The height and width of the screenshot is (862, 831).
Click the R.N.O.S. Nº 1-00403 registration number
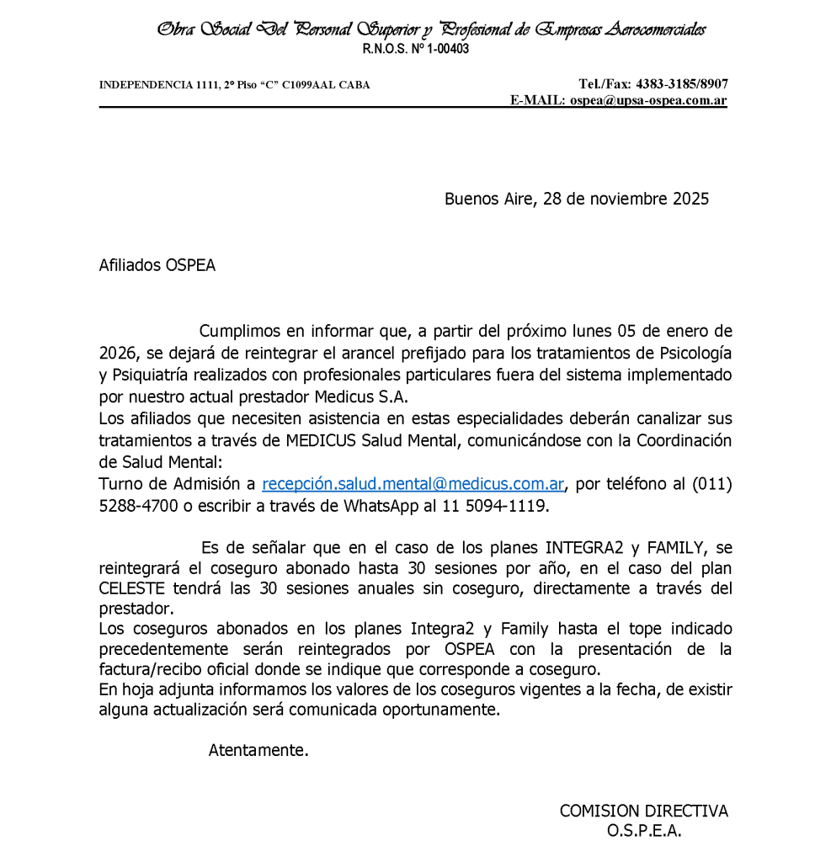[x=415, y=49]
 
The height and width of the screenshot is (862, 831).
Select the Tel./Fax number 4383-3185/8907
[x=682, y=84]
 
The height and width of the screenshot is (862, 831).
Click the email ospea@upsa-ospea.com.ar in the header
[x=647, y=100]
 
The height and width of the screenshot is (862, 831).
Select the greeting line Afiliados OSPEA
[x=157, y=265]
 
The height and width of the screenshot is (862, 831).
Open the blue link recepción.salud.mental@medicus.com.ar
[x=413, y=484]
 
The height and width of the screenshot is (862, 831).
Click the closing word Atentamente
[x=258, y=750]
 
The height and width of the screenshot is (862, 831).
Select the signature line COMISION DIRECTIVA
[x=644, y=811]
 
